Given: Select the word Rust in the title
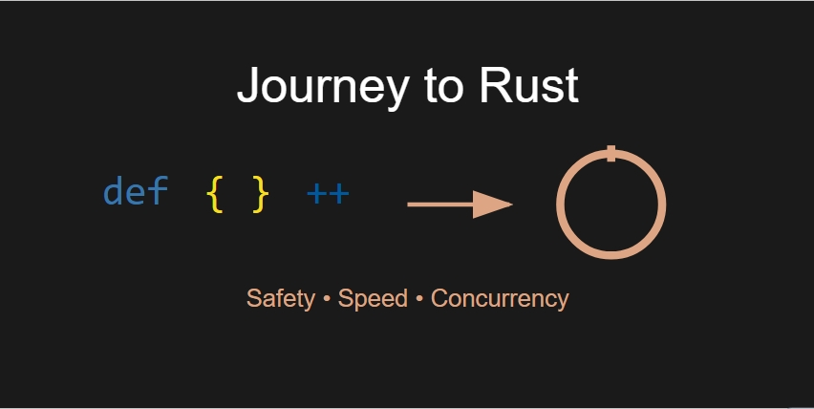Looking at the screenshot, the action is coord(534,86).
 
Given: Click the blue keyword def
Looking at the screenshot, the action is coord(135,193).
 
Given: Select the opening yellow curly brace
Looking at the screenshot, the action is coord(215,194).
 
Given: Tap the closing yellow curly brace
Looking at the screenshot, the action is coord(260,194).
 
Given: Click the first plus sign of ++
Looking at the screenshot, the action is coord(316,195).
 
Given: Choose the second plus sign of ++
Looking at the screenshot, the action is coord(339,195).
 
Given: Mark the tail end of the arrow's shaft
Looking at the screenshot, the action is coord(411,204).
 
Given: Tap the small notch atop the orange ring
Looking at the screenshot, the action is coord(610,153).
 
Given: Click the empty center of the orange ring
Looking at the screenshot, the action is coord(610,204).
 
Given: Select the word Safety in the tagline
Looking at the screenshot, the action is coord(280,298).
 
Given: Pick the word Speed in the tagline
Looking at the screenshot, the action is coord(373,298).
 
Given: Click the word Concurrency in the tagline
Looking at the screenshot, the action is coord(500,298).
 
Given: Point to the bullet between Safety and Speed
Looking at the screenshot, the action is coord(326,299).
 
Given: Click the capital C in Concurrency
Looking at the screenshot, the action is coord(439,298).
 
